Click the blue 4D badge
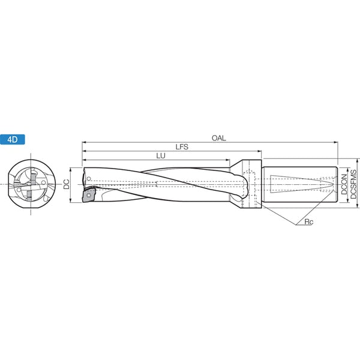click(13, 139)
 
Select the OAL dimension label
click(218, 138)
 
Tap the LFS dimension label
click(182, 147)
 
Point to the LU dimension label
click(161, 156)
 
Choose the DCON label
click(344, 184)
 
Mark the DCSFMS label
click(353, 184)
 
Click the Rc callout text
click(308, 222)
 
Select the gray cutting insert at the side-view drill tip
click(89, 195)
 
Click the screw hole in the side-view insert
click(89, 196)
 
